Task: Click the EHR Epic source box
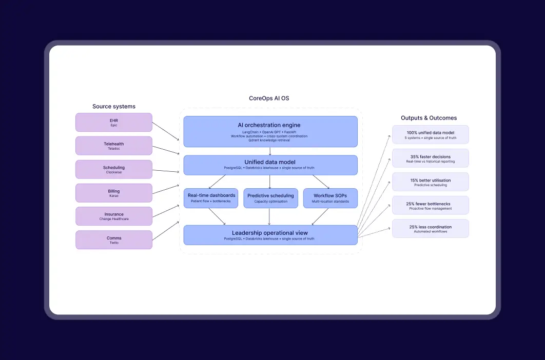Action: click(114, 123)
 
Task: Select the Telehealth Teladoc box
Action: click(114, 146)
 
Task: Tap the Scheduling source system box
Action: click(114, 169)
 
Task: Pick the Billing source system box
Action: click(114, 193)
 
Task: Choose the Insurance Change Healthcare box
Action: click(114, 216)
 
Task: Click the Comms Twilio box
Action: click(114, 239)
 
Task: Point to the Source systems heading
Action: click(114, 106)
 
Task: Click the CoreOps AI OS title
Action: click(269, 98)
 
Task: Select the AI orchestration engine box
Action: click(270, 131)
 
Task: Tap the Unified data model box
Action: click(270, 165)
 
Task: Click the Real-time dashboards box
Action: click(211, 198)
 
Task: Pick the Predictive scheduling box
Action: click(270, 198)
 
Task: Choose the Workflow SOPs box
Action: click(330, 198)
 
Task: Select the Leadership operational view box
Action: click(270, 235)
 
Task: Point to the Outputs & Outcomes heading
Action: click(429, 118)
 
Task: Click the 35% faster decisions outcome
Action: click(431, 158)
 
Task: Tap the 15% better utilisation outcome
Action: click(431, 182)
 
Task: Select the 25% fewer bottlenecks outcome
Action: click(431, 205)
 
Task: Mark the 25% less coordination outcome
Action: click(431, 229)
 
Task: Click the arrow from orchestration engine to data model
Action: click(270, 151)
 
